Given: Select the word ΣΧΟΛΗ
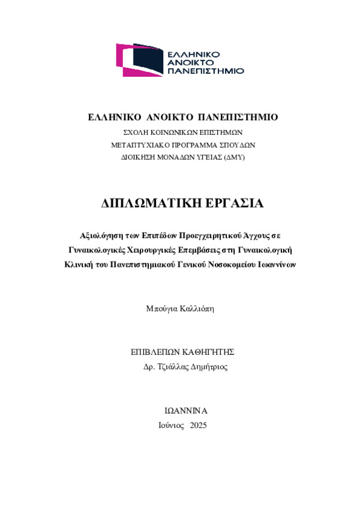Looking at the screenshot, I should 134,132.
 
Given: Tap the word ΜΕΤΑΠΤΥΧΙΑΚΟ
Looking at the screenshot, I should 143,144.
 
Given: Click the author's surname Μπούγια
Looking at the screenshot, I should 161,309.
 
